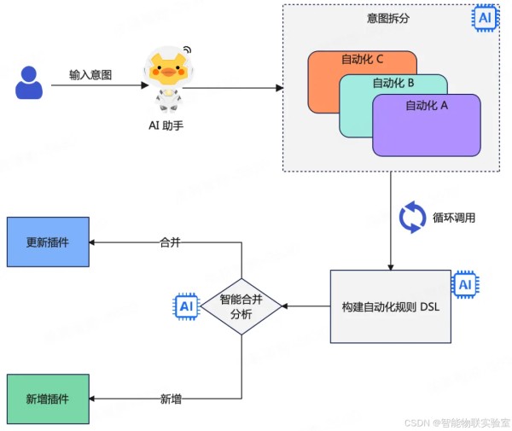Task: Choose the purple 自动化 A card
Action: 427,128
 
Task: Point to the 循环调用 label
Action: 454,218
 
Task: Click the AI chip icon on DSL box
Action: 464,284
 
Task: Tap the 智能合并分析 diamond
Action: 241,306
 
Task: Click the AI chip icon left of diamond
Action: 187,306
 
